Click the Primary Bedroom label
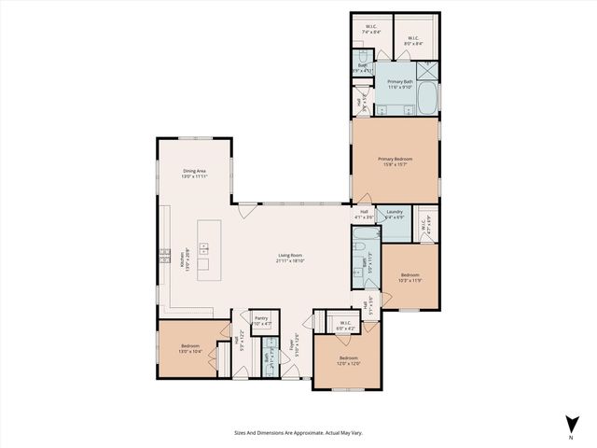click(395, 160)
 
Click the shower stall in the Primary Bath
click(426, 69)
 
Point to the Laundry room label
click(394, 212)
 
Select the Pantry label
click(261, 318)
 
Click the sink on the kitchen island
click(202, 248)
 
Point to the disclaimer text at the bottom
click(298, 432)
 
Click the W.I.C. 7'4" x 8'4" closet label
click(370, 29)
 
